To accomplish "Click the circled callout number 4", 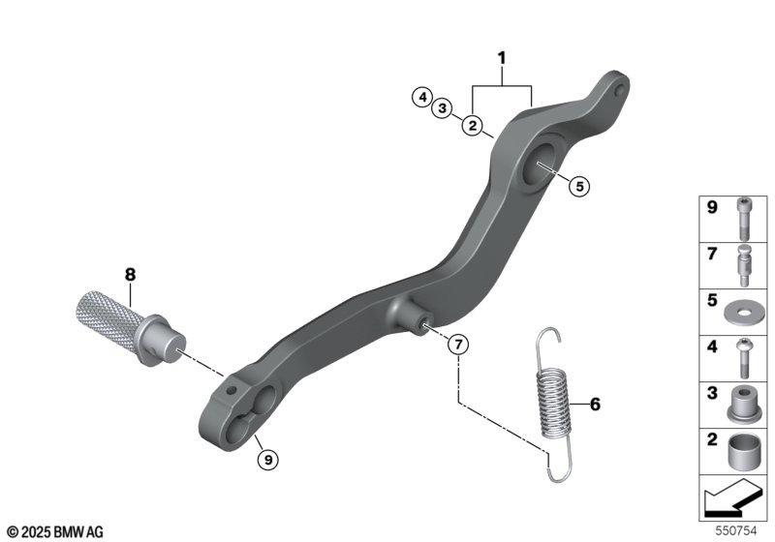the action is tap(422, 97).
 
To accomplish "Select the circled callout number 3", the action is tap(443, 107).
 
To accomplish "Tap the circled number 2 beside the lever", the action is tap(473, 126).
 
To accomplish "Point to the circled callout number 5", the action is tap(579, 186).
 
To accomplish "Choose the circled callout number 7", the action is tap(458, 344).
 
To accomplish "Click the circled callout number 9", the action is tap(268, 460).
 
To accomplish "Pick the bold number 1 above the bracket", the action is tap(502, 58).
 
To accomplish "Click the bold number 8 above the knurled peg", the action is tap(130, 275).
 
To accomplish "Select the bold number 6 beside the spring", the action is tap(595, 405).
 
